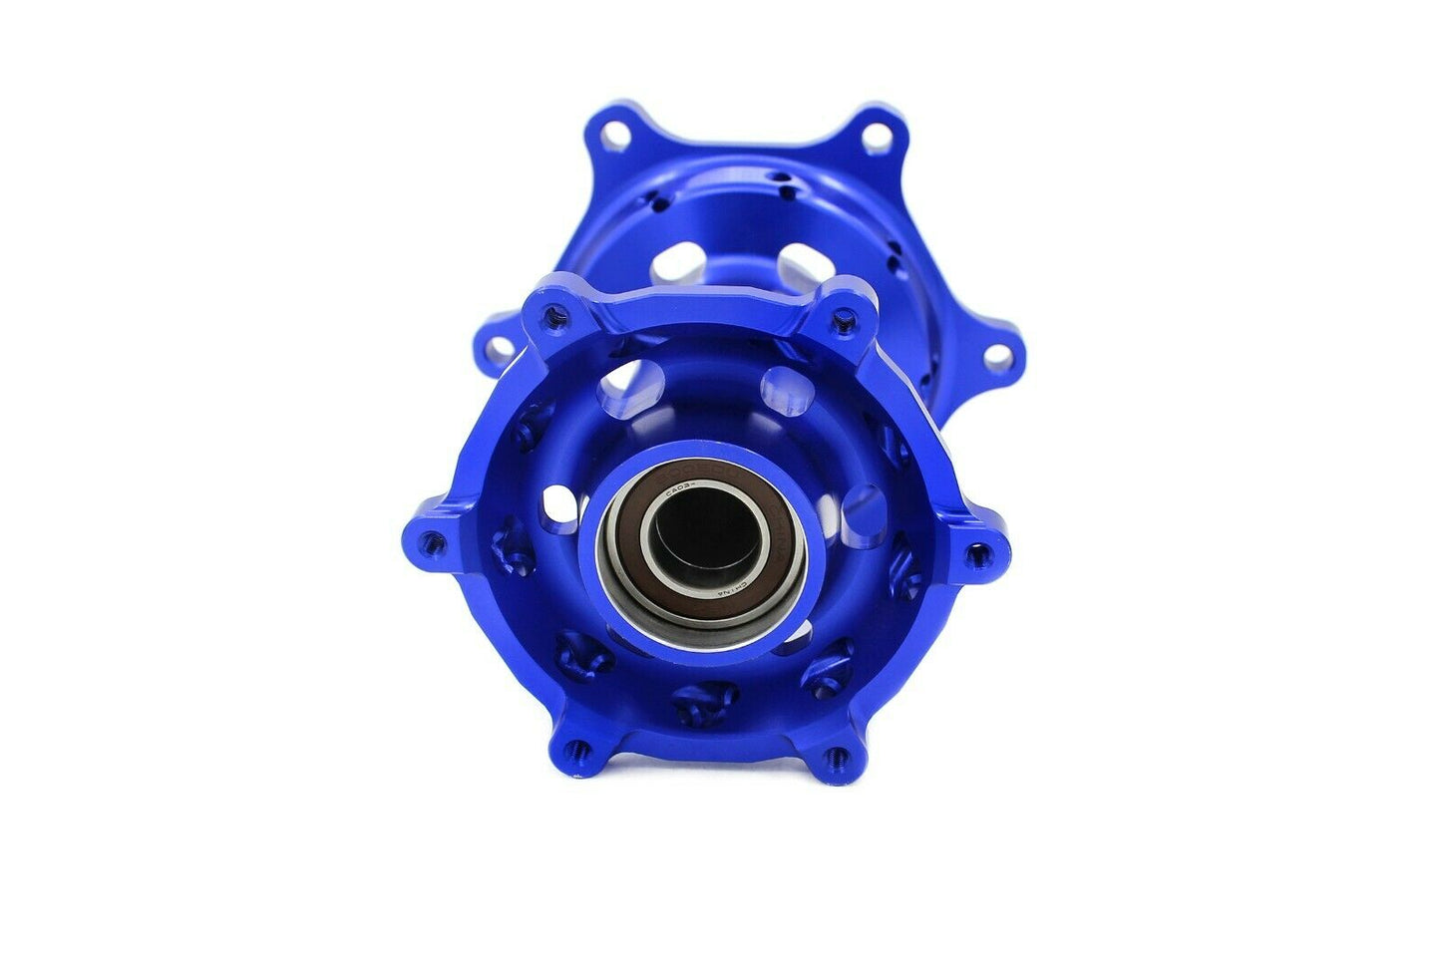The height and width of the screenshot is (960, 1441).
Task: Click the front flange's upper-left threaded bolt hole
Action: tap(550, 317)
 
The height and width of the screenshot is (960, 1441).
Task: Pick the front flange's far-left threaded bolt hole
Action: tap(431, 542)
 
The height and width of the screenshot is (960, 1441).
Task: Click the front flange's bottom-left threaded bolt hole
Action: tap(573, 746)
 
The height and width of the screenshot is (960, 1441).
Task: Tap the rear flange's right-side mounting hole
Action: tap(995, 356)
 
